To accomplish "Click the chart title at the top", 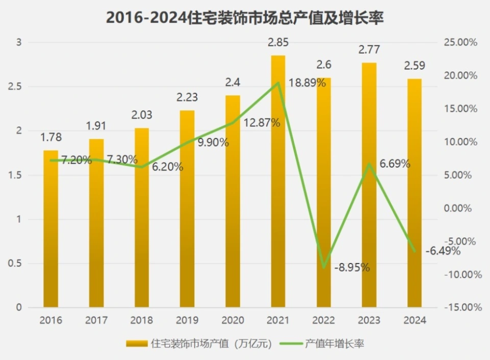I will (x=244, y=18).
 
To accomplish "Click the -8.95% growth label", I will (x=352, y=267).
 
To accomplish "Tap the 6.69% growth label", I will (x=395, y=164).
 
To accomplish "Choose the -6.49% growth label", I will (x=444, y=251).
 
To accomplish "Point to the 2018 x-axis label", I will (x=142, y=321).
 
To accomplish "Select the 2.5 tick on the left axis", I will (x=15, y=86).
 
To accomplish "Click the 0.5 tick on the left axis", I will (x=15, y=263).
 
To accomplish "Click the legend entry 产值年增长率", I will (x=327, y=344).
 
